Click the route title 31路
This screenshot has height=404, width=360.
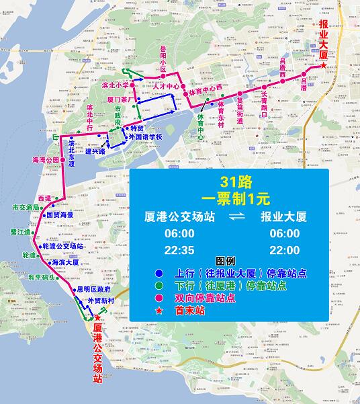(x=236, y=181)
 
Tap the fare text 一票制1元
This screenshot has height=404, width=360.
(x=235, y=198)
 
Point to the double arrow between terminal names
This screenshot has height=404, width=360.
(x=236, y=218)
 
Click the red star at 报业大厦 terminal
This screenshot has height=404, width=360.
(x=325, y=66)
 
